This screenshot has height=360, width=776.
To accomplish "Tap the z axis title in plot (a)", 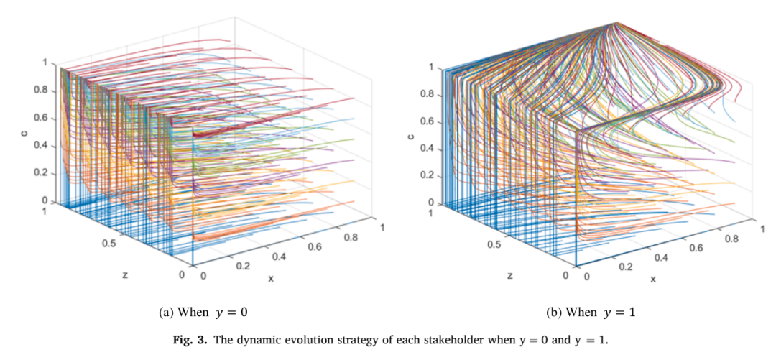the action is (x=125, y=273).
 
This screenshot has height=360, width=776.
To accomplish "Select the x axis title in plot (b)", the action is (x=653, y=279).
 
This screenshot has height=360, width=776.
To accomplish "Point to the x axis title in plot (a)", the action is (x=271, y=278).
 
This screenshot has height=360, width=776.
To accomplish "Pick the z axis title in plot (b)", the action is (x=509, y=274).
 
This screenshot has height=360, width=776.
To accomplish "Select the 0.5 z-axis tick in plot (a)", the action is (x=110, y=243).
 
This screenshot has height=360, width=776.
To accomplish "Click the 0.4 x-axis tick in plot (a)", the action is (x=279, y=256).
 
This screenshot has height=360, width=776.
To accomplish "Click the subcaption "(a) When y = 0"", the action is (x=201, y=313).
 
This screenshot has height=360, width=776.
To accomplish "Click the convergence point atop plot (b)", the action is (x=616, y=23).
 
